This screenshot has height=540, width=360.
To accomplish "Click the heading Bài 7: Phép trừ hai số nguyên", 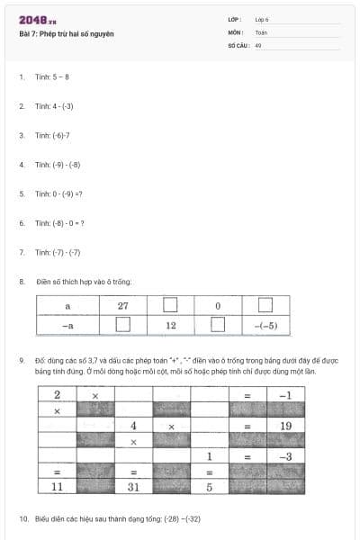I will click(67, 34).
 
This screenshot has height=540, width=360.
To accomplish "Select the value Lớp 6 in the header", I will click(261, 19).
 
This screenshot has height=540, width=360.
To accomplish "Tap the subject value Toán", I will click(261, 31).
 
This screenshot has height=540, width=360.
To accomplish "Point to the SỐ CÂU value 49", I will click(258, 44).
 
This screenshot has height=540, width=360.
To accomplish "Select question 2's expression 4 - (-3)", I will click(61, 106).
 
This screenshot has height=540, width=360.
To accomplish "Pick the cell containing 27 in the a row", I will click(123, 306).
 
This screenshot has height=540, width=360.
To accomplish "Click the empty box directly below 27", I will click(123, 324).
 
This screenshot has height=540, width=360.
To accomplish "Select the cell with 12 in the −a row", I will click(171, 324).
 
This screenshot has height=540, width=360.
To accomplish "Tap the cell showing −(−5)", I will click(265, 324).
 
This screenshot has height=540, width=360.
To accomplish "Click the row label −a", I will click(67, 324).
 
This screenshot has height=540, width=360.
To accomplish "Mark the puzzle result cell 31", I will click(133, 487).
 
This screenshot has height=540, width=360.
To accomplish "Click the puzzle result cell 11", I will click(57, 487).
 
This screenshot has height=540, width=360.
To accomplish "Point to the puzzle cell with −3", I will click(286, 456).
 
